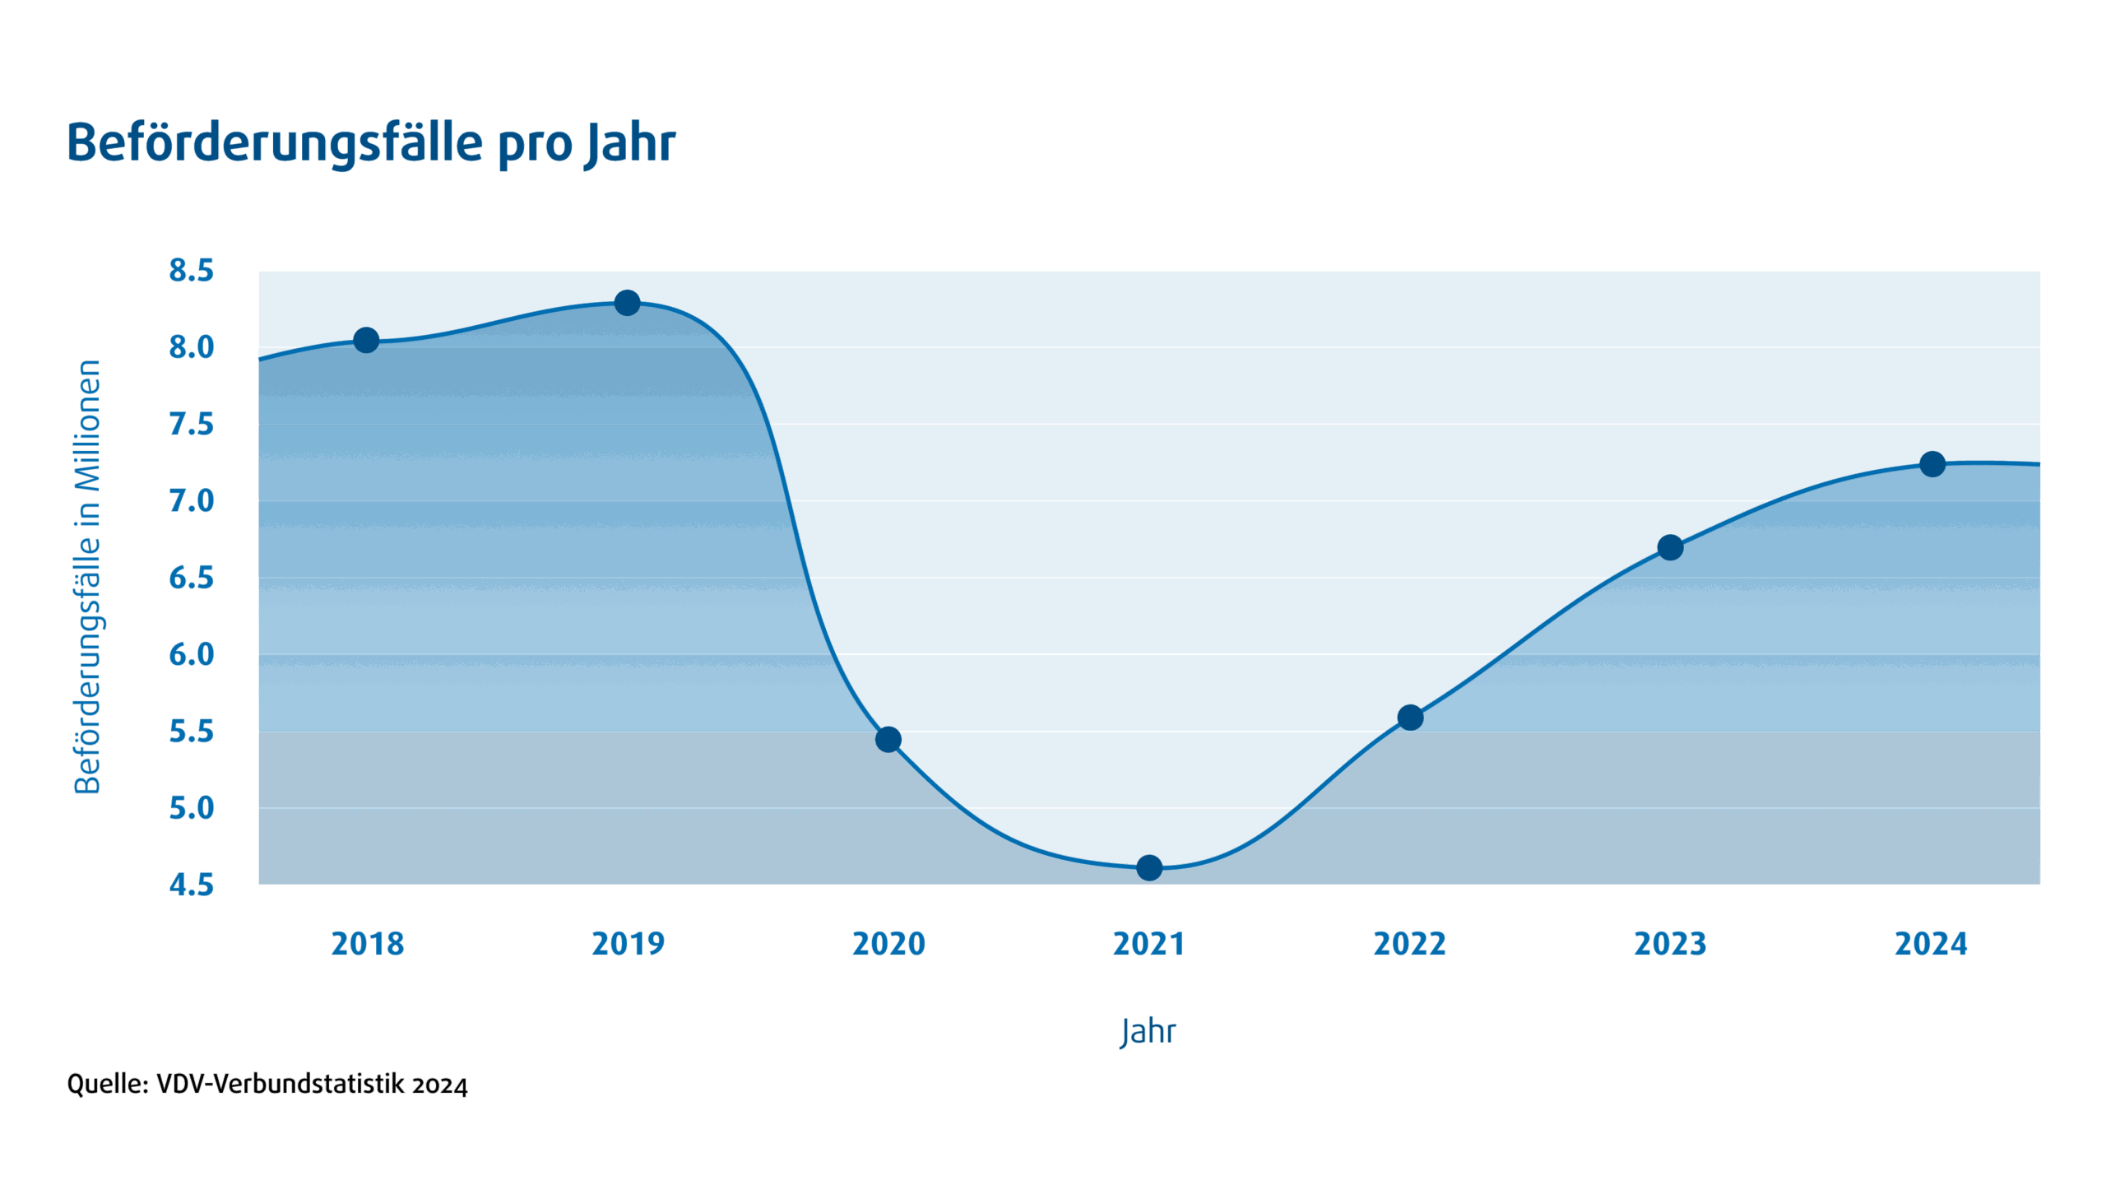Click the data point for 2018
pyautogui.click(x=366, y=340)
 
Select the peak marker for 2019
pyautogui.click(x=627, y=303)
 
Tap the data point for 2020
pyautogui.click(x=888, y=739)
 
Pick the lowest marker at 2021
pyautogui.click(x=1148, y=867)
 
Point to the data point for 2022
pyautogui.click(x=1409, y=718)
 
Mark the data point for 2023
pyautogui.click(x=1670, y=547)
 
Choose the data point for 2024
pyautogui.click(x=1932, y=464)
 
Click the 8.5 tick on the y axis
pyautogui.click(x=191, y=271)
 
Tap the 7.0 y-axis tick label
pyautogui.click(x=191, y=500)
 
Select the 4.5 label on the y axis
pyautogui.click(x=191, y=885)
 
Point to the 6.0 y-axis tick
pyautogui.click(x=191, y=655)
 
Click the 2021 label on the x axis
pyautogui.click(x=1148, y=944)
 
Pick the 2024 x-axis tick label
pyautogui.click(x=1931, y=944)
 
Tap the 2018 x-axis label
pyautogui.click(x=367, y=944)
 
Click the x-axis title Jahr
pyautogui.click(x=1148, y=1031)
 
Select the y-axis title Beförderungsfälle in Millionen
pyautogui.click(x=87, y=576)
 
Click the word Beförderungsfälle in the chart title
pyautogui.click(x=275, y=143)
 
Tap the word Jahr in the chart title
pyautogui.click(x=630, y=143)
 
